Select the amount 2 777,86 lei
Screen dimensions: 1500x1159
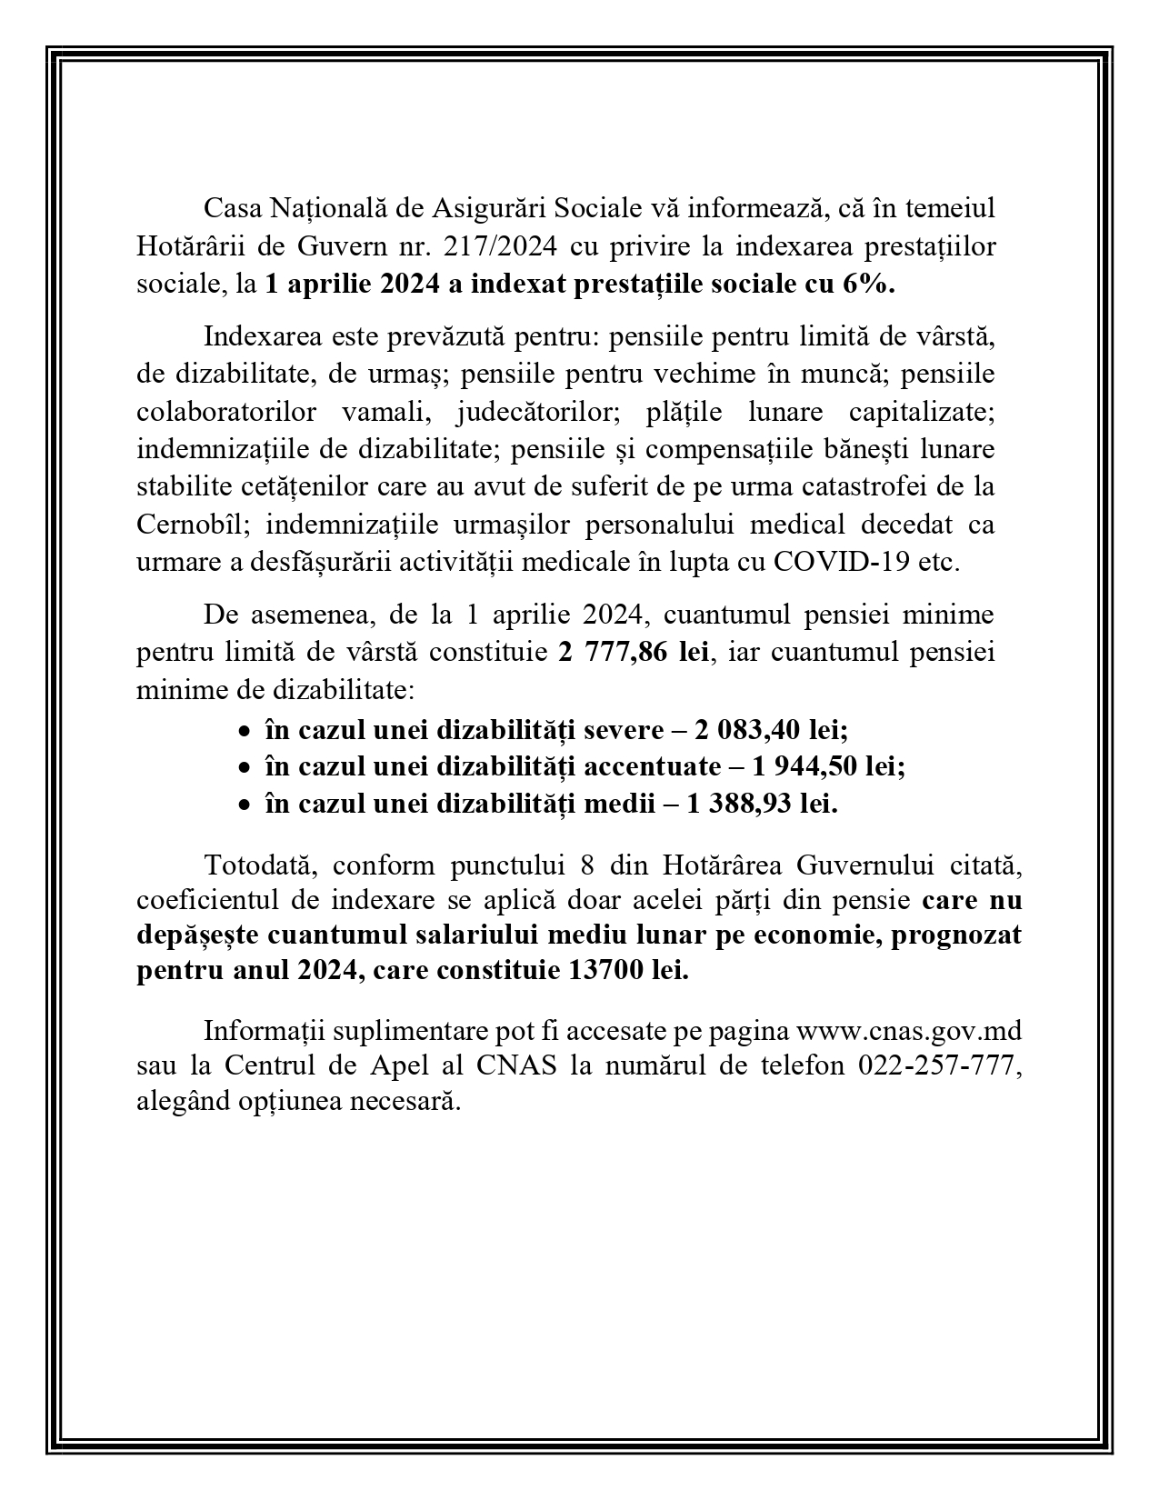point(633,653)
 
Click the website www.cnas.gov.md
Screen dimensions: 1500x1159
point(908,1032)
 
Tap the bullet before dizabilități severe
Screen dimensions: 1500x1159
point(243,730)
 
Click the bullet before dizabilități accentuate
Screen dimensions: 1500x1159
point(243,768)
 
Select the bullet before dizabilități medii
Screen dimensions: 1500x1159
point(243,805)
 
